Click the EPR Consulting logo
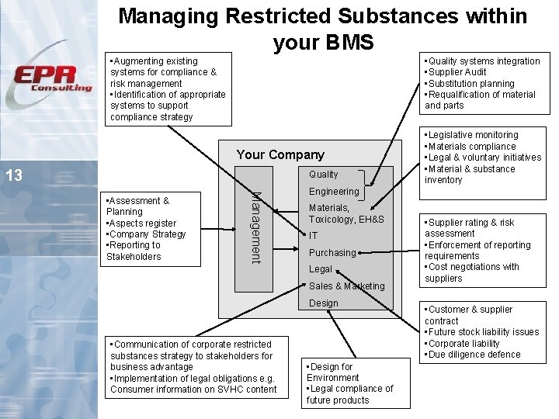coord(53,78)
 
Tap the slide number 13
coord(14,175)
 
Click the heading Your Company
coord(280,154)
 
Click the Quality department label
coord(324,175)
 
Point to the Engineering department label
coord(334,191)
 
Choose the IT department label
coord(313,235)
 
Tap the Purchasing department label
coord(332,252)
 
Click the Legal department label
coord(321,269)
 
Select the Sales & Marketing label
coord(347,286)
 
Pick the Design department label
coord(324,303)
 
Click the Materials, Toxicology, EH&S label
coord(346,213)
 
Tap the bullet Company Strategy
coord(148,234)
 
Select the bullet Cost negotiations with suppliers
coord(471,272)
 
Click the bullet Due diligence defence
coord(474,355)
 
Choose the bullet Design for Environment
coord(332,372)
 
